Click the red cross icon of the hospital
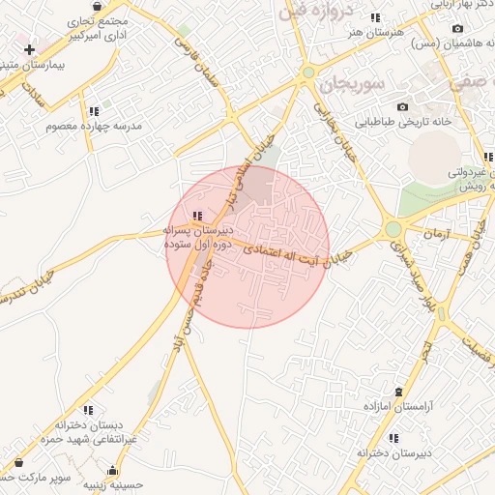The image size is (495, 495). click(30, 48)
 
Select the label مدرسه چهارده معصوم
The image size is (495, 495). click(100, 127)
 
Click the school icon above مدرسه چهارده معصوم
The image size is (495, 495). click(94, 111)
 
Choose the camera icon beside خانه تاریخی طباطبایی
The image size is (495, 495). click(402, 106)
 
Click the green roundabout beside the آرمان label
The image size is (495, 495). click(393, 230)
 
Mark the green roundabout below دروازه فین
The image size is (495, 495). click(308, 72)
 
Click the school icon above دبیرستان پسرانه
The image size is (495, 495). click(197, 216)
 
